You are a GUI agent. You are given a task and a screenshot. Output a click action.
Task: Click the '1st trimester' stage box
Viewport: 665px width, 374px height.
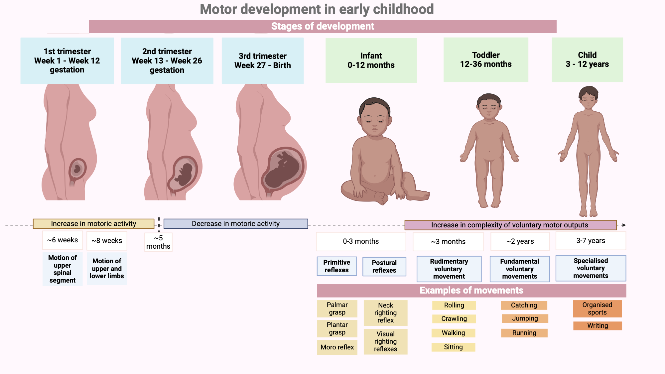67,61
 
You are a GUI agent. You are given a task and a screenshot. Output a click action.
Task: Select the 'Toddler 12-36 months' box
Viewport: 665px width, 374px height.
486,60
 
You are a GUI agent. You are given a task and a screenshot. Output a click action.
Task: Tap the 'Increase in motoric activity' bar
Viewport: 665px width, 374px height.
93,224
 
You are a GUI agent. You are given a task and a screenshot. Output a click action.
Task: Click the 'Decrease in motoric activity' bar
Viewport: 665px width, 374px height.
236,224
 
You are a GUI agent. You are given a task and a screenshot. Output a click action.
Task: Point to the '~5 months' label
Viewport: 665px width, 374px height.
158,242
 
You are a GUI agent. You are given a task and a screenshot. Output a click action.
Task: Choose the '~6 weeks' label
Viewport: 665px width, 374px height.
63,240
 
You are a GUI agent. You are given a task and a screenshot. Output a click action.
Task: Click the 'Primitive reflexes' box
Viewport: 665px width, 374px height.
337,266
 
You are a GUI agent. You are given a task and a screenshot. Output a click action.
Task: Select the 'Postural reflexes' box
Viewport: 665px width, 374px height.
384,267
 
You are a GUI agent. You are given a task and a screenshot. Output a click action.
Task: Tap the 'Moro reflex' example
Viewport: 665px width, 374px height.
337,347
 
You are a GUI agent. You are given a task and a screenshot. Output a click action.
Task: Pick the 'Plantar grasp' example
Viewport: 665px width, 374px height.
337,328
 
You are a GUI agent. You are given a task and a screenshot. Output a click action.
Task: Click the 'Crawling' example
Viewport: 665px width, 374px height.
454,319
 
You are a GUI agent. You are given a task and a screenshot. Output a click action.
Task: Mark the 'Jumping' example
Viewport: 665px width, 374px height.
525,318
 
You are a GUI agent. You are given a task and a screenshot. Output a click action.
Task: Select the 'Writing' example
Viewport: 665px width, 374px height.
598,326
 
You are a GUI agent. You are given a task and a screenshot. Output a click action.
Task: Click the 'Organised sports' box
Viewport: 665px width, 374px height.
597,309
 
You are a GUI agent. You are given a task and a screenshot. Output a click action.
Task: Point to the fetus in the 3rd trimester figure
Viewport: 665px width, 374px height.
283,170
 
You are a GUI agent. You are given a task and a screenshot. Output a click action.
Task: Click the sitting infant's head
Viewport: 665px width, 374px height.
375,116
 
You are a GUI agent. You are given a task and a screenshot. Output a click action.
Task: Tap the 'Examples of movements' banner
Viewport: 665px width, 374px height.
471,291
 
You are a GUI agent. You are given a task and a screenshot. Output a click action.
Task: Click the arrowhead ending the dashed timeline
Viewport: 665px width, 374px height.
624,225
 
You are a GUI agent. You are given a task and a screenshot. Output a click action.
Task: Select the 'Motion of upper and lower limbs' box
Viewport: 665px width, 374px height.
107,269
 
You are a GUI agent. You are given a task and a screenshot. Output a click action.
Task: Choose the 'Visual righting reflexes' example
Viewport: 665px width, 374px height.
385,341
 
